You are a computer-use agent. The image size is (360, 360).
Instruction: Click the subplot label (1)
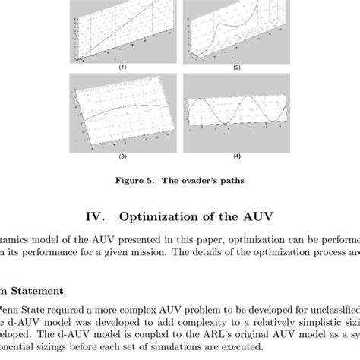point(122,68)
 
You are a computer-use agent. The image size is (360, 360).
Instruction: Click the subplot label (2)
point(235,68)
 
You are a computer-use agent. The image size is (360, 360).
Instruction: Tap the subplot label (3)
point(122,157)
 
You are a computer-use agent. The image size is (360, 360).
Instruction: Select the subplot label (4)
point(235,157)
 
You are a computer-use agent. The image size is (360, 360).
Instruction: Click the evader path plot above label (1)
point(122,30)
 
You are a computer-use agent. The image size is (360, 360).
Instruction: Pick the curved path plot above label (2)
point(235,30)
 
